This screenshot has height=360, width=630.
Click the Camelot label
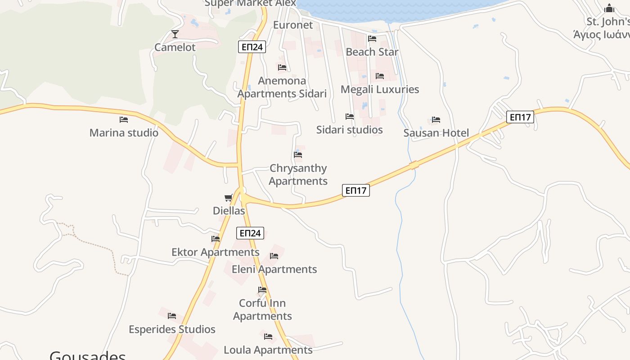click(x=175, y=47)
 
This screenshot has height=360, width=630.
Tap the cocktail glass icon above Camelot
click(x=175, y=34)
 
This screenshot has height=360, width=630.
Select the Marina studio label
click(x=124, y=133)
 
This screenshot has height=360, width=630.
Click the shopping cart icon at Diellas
click(x=229, y=198)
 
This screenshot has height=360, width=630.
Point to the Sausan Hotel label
click(x=436, y=133)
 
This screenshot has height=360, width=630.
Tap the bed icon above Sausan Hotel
click(x=436, y=120)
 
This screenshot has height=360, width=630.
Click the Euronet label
click(x=293, y=25)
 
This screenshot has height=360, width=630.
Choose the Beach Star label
click(x=372, y=52)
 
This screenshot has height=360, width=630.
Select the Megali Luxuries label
click(x=379, y=89)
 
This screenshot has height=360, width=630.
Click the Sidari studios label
click(x=349, y=130)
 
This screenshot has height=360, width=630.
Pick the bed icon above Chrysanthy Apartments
click(x=298, y=155)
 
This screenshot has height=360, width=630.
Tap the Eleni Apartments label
click(x=274, y=269)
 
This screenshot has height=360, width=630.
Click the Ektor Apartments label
click(x=215, y=252)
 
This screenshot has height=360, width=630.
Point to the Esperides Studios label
click(x=172, y=329)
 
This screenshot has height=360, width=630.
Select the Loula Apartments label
click(x=268, y=350)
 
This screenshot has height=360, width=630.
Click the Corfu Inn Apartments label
click(x=262, y=309)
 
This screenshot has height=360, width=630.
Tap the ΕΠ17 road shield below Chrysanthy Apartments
click(x=355, y=190)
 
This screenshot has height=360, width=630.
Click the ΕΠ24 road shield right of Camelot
click(x=252, y=47)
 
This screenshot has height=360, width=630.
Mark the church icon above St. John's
click(x=609, y=8)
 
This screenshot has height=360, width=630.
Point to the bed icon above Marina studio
click(x=124, y=120)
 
